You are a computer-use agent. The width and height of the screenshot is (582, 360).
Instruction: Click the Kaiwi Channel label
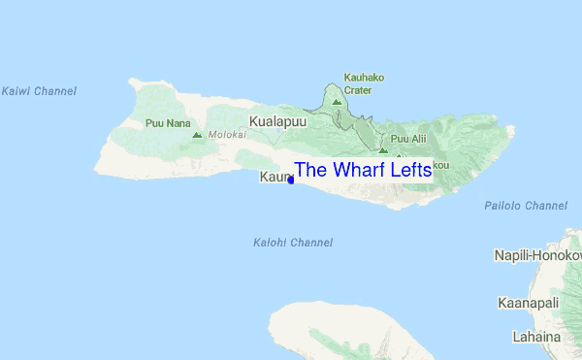click(x=39, y=91)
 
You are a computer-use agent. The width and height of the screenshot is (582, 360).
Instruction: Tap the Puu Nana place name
click(x=165, y=123)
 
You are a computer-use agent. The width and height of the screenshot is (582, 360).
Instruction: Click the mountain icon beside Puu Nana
click(x=197, y=136)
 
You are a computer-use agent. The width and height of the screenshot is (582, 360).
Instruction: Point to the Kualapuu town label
click(x=277, y=122)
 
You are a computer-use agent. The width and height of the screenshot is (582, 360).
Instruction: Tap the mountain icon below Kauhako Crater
click(x=337, y=101)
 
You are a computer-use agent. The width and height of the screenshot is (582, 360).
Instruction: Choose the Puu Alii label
click(x=408, y=139)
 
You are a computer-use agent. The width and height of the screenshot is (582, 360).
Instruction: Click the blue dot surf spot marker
click(x=291, y=180)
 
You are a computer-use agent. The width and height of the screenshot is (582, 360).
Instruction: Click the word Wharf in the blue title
click(x=363, y=170)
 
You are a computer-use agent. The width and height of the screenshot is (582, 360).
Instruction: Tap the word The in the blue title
click(x=311, y=170)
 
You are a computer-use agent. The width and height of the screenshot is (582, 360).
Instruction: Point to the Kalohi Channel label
click(x=292, y=243)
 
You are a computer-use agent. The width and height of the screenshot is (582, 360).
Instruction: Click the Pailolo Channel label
click(x=526, y=206)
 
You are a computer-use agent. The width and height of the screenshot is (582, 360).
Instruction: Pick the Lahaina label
click(x=536, y=337)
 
